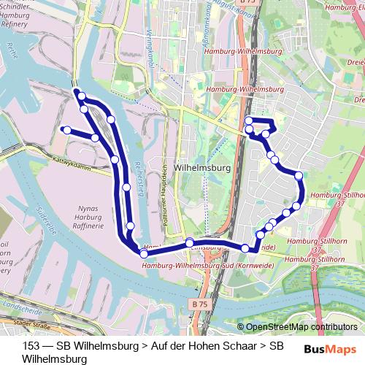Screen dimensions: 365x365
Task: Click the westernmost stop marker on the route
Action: pyautogui.click(x=66, y=130)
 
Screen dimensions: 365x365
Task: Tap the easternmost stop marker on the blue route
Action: pyautogui.click(x=298, y=175)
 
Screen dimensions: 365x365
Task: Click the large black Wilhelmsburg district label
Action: pyautogui.click(x=204, y=167)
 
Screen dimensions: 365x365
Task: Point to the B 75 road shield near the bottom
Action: pyautogui.click(x=201, y=301)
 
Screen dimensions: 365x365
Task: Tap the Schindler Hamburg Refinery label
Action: pyautogui.click(x=15, y=15)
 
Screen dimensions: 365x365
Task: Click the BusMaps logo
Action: pyautogui.click(x=333, y=347)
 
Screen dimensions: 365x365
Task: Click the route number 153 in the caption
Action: pyautogui.click(x=32, y=345)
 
